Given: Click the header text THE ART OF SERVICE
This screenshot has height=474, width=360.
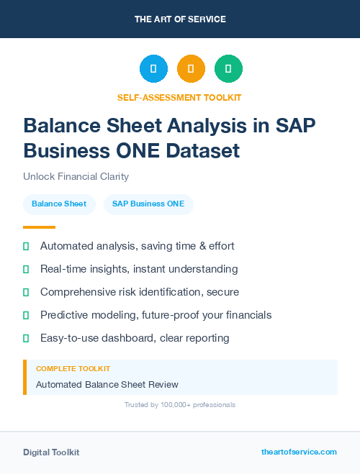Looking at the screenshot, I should point(180,19).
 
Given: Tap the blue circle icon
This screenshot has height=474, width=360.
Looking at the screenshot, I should point(153,68).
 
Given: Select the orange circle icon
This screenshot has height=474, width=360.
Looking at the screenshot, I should point(191,68).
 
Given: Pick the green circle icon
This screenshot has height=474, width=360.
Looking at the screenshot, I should point(228,68).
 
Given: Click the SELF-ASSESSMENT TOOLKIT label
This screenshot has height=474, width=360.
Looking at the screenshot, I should point(179,97).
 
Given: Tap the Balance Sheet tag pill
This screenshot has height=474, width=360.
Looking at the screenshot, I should point(59,204).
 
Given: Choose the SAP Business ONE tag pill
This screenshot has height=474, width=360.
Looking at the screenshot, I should point(148,204).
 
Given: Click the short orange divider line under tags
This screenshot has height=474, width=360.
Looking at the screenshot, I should point(39,227).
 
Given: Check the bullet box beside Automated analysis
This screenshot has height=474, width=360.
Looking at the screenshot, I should point(26,246).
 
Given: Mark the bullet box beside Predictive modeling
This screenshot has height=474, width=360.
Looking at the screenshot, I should point(26,315).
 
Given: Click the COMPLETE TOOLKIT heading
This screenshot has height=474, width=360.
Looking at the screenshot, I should point(73,368).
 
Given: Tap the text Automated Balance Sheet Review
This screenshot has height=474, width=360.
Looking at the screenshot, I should point(107,385).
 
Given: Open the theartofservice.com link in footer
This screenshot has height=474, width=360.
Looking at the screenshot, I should point(299,452).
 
